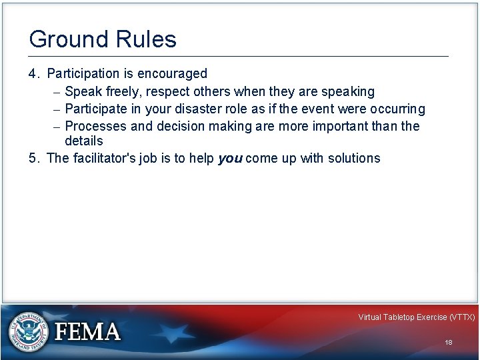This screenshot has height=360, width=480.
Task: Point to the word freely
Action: pos(119,91)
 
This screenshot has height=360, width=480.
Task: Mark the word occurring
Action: pos(397,109)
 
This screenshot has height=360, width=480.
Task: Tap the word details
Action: pos(84,141)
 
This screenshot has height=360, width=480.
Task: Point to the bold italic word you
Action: pos(230,159)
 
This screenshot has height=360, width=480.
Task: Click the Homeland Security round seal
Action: pos(29,331)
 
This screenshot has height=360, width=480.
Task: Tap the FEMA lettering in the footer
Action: pos(87,332)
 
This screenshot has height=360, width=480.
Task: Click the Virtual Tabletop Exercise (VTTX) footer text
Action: pos(416,317)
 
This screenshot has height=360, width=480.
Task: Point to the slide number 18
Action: pos(448,342)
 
